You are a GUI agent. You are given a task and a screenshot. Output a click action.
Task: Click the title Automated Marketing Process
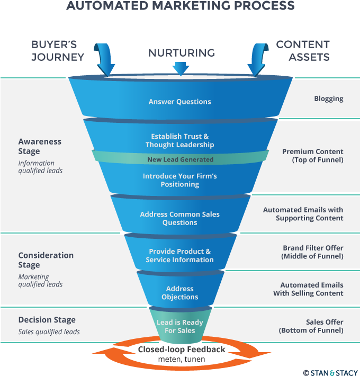(180, 6)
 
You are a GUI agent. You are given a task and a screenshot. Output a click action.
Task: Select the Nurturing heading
(181, 52)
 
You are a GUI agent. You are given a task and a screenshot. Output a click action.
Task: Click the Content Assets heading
(302, 51)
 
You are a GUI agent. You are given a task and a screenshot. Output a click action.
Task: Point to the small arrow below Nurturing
(181, 68)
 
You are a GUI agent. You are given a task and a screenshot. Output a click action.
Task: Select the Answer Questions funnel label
(179, 102)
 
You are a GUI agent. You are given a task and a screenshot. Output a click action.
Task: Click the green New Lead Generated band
(180, 159)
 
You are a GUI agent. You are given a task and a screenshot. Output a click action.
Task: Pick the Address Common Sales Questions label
(179, 218)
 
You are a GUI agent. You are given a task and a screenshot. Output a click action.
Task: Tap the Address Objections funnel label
(179, 293)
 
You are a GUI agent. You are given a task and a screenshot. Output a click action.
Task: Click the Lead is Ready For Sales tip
(179, 326)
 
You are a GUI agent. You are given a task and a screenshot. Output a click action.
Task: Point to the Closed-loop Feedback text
(182, 350)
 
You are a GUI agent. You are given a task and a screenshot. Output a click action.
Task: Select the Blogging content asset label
(328, 99)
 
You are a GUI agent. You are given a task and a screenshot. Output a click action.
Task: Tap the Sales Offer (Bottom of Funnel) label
(311, 326)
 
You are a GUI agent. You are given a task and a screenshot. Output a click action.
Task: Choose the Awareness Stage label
(40, 146)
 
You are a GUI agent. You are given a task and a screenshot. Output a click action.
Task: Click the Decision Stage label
(47, 320)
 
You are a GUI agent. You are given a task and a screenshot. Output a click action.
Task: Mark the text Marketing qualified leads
(40, 280)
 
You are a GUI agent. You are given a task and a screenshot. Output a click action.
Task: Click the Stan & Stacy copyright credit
(330, 371)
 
